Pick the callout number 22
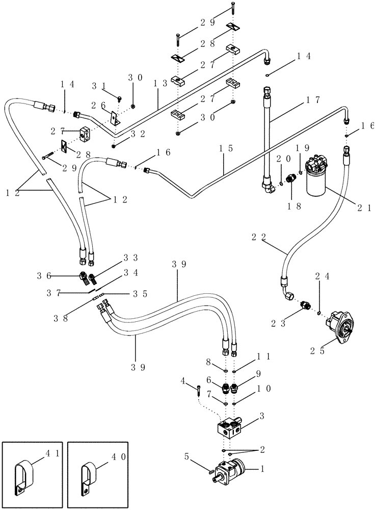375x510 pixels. [260, 238]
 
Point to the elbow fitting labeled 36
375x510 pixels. [82, 278]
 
